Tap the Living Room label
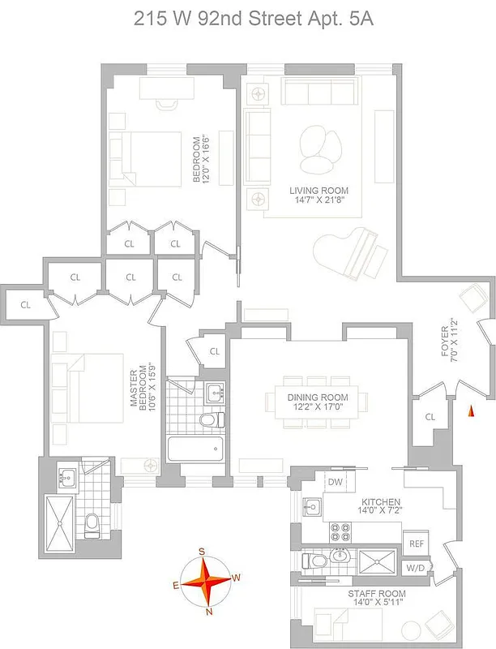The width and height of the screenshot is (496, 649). coord(319,191)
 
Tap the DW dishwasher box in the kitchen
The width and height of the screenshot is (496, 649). coord(336,482)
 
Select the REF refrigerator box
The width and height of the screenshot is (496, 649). coord(417,544)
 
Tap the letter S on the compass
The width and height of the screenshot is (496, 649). coord(202,552)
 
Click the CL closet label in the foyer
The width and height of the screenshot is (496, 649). coord(429,416)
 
